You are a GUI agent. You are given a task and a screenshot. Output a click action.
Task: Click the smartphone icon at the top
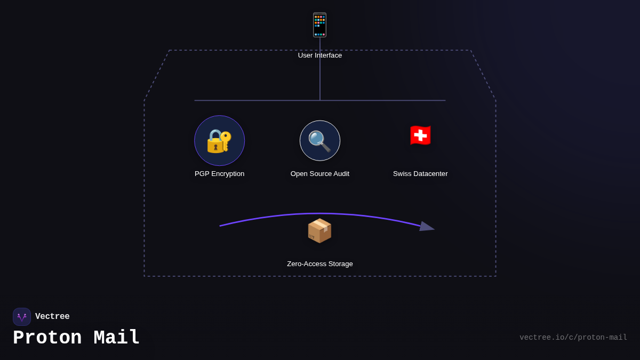[319, 25]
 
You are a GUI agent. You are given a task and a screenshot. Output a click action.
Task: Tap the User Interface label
[320, 55]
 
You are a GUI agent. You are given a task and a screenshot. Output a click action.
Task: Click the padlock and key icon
[219, 141]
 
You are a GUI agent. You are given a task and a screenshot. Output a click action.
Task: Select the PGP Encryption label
[219, 174]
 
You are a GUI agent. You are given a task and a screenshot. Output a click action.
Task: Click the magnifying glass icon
[319, 141]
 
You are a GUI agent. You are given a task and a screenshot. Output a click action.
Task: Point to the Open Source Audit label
[320, 174]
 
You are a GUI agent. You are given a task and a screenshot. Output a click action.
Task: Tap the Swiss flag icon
[420, 135]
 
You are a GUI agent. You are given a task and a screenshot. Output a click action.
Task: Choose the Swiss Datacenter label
[420, 174]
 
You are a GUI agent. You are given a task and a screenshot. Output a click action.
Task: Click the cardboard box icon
[319, 231]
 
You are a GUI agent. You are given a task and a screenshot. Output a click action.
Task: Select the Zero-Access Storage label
[320, 264]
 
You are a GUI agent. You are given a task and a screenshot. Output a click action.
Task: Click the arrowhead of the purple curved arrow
[427, 227]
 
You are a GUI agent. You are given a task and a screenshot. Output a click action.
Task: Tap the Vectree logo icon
[22, 317]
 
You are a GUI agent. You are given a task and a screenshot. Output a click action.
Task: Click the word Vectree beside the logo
[52, 317]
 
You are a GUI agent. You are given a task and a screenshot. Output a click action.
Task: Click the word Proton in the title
[47, 338]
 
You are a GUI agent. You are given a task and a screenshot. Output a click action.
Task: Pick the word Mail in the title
[117, 338]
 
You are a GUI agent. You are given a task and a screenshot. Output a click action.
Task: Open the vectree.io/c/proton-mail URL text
[573, 338]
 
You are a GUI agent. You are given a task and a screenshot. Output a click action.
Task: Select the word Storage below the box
[339, 264]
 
